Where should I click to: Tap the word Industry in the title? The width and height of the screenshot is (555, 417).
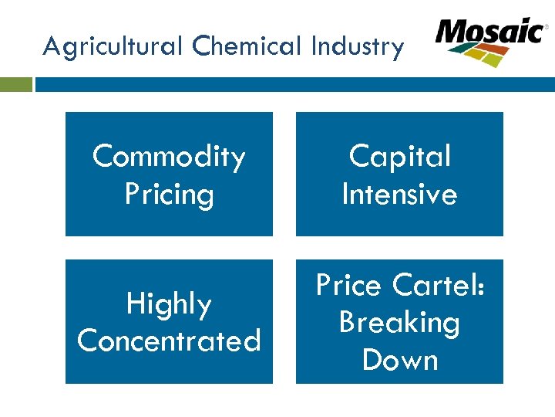tap(357, 48)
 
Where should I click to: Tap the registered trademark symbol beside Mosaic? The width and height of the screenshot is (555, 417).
tap(547, 27)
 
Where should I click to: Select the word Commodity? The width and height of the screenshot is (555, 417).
tap(169, 157)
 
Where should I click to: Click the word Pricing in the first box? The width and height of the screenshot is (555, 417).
tap(169, 194)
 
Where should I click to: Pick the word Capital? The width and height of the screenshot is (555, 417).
tap(399, 157)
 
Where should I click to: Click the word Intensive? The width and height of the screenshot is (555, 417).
tap(399, 194)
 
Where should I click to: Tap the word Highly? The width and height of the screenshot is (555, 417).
tap(169, 304)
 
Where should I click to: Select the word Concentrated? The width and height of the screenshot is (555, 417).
tap(169, 341)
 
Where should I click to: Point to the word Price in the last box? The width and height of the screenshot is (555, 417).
tap(349, 286)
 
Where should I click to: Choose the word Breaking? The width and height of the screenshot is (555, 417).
tap(399, 323)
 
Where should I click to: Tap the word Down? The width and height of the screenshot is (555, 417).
tap(399, 360)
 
